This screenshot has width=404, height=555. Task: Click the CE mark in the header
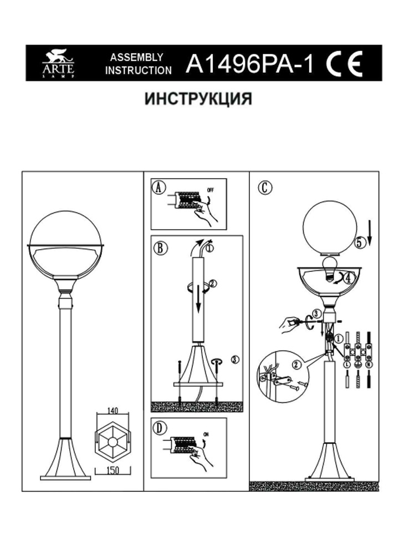344,64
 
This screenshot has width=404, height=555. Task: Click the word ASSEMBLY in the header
136,57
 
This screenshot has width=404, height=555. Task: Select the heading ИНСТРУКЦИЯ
198,99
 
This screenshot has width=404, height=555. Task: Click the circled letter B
160,248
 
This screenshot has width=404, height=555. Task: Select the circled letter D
160,428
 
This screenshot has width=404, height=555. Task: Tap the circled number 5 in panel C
360,243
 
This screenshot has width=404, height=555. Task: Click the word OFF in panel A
210,190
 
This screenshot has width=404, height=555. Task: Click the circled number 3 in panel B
235,360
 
